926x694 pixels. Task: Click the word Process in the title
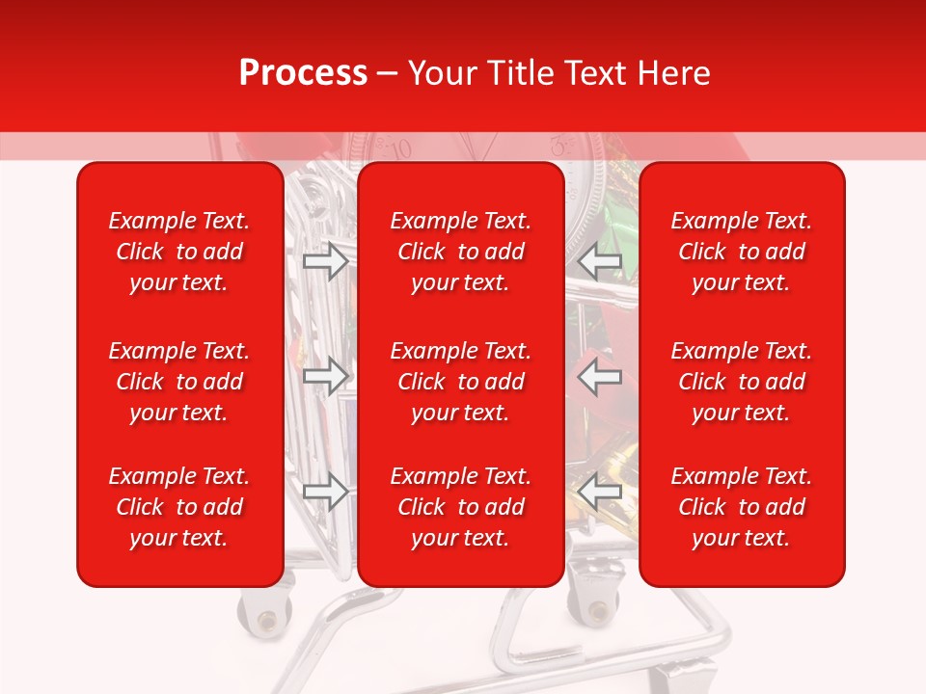pos(303,73)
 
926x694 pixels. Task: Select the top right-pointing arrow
pos(325,261)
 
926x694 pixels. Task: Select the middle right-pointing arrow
pos(325,377)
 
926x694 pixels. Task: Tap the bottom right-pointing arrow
pos(325,493)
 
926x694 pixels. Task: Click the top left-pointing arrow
pos(600,261)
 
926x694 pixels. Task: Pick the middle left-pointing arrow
pos(600,377)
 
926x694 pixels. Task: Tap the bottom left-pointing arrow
pos(600,493)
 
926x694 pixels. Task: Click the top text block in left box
pos(179,252)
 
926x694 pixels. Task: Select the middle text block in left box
pos(179,382)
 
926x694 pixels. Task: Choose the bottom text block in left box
pos(179,507)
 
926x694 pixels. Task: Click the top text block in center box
pos(460,252)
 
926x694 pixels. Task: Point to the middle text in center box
pos(460,382)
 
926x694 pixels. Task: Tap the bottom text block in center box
pos(460,507)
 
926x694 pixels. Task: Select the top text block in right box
pos(741,252)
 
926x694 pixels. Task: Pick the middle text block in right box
pos(741,382)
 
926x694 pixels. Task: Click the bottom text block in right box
pos(741,507)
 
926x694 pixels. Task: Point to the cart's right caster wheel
pos(596,607)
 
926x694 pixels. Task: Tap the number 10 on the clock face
pos(398,148)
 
